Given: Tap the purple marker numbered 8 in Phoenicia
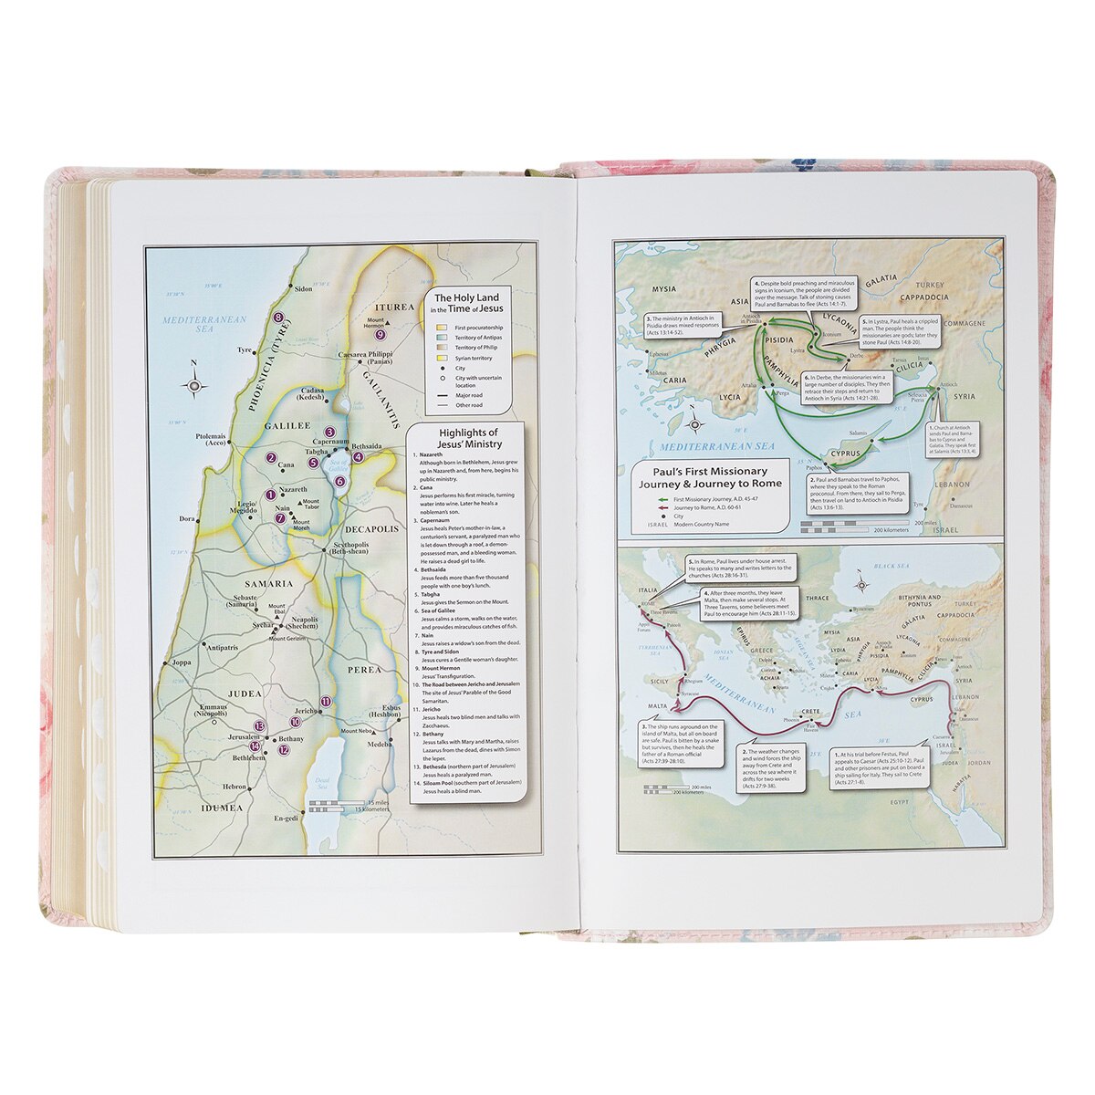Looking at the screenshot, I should point(279,318).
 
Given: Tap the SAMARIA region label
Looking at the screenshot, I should point(267,583).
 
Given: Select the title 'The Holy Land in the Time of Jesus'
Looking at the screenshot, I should point(467,304).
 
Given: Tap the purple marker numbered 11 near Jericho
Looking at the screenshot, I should point(327,699).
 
